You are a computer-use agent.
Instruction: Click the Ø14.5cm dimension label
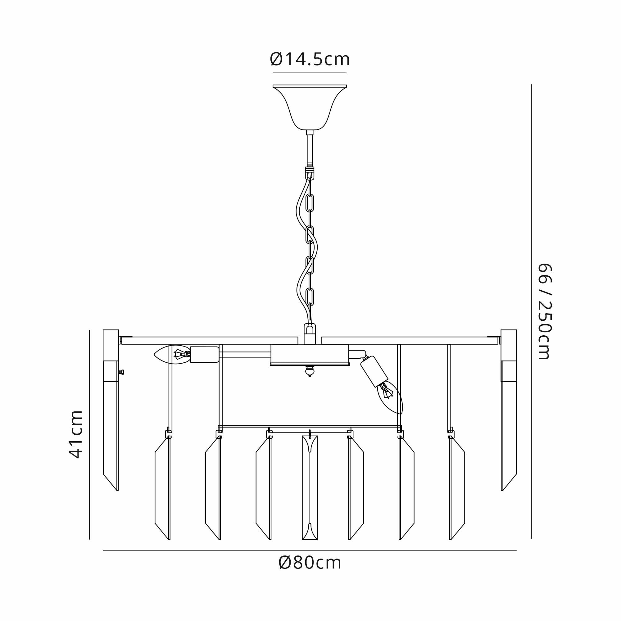(x=310, y=60)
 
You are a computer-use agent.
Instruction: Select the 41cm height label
(x=76, y=434)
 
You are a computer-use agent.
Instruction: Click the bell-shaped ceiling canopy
(x=310, y=107)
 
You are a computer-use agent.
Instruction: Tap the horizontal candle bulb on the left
(x=172, y=355)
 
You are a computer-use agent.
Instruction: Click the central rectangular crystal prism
(x=310, y=487)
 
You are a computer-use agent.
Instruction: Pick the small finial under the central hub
(x=310, y=371)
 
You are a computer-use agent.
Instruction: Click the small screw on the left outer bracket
(x=121, y=372)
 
